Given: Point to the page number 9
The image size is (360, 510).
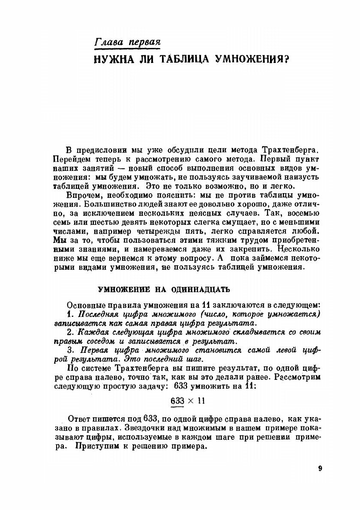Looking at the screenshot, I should coord(320,468).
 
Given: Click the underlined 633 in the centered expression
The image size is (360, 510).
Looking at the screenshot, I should coord(177,401).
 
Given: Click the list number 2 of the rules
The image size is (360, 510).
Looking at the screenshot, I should coord(70,332).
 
